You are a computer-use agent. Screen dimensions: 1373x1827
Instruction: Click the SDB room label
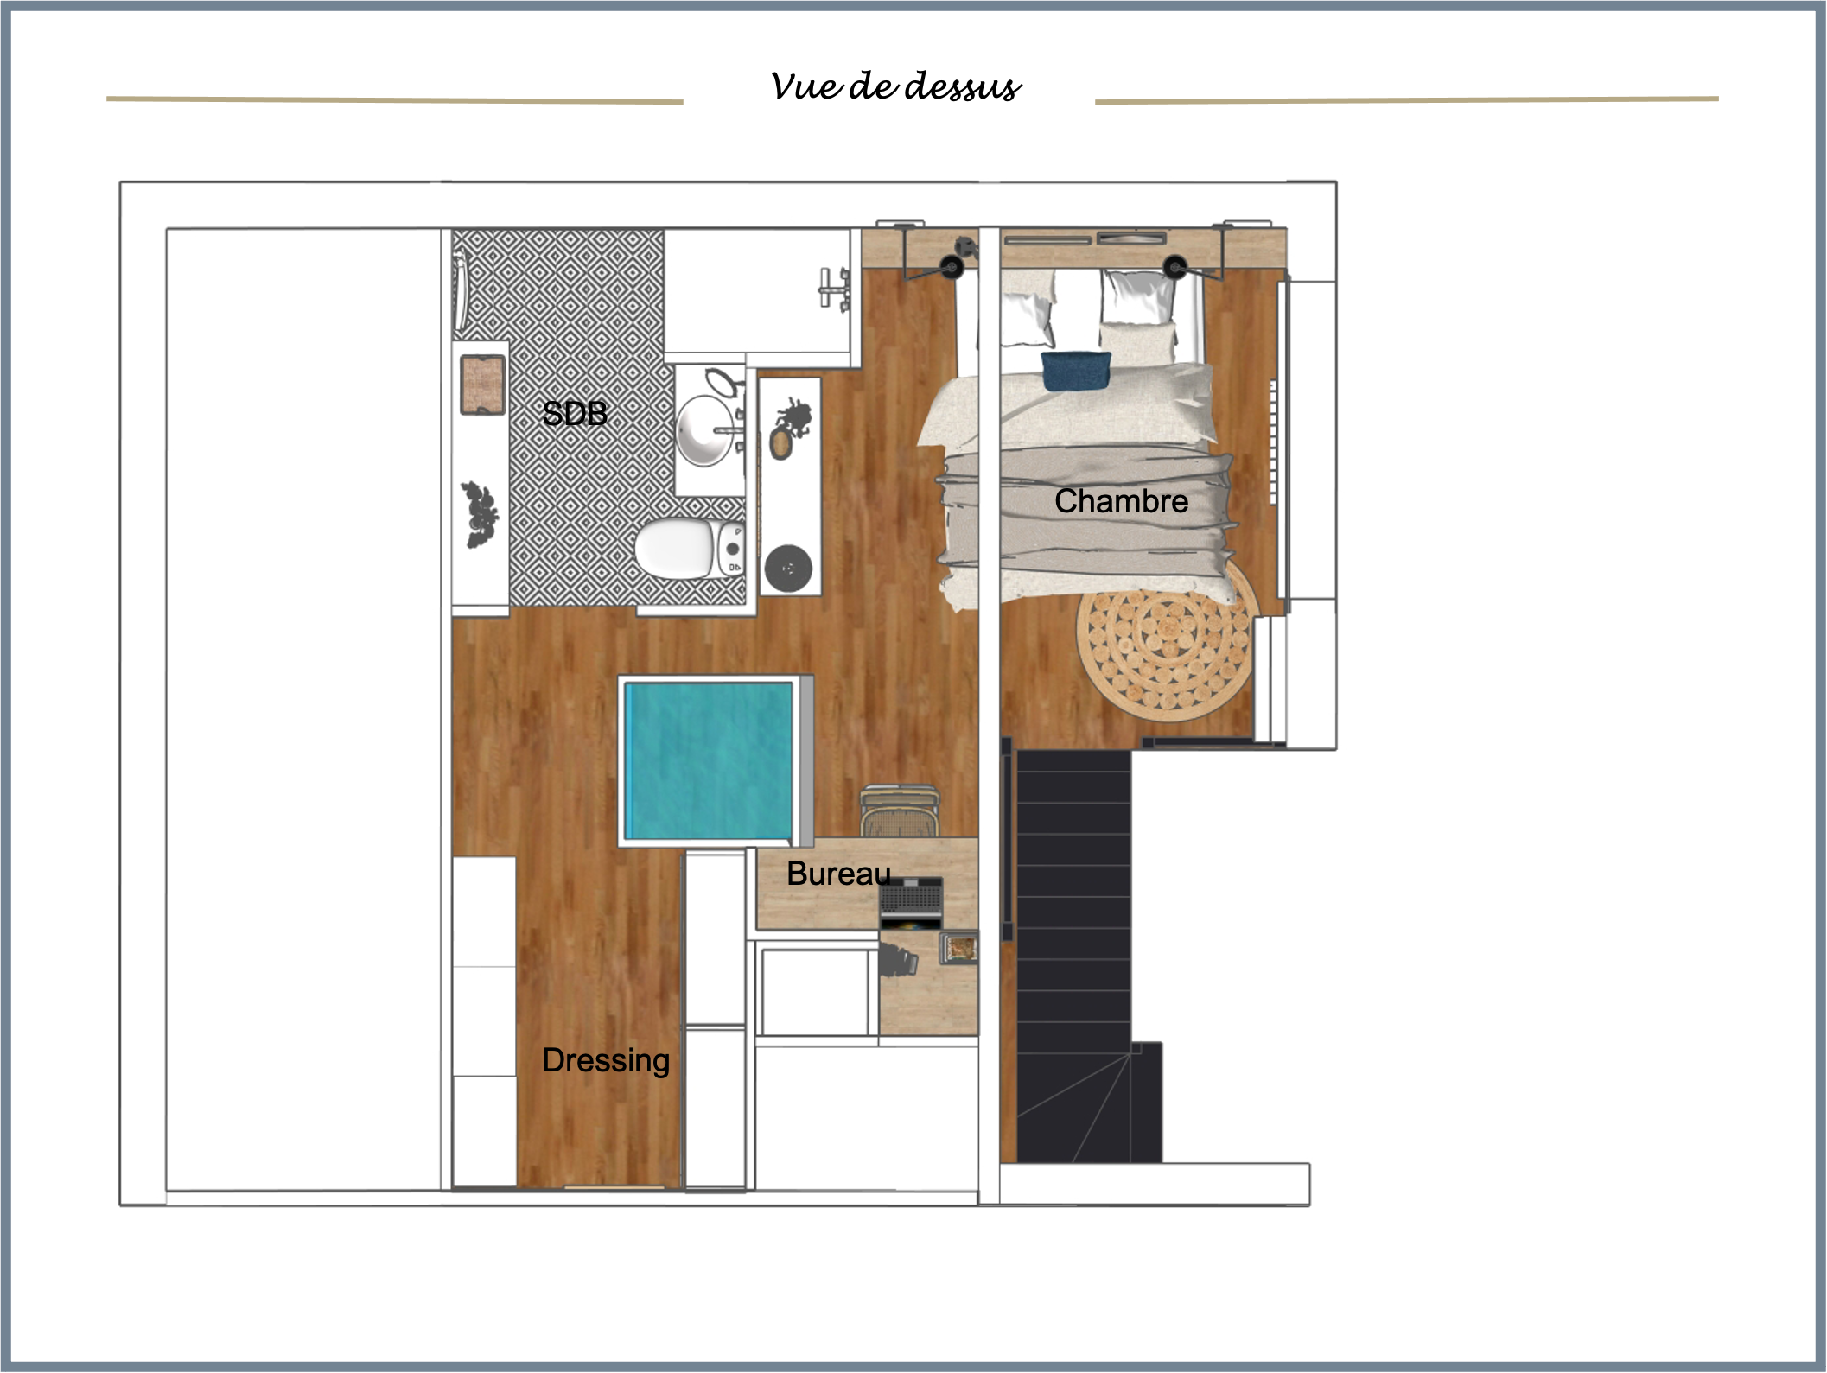[575, 414]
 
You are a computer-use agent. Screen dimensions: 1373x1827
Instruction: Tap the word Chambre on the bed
[1121, 501]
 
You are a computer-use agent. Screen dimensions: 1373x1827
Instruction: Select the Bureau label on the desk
[837, 874]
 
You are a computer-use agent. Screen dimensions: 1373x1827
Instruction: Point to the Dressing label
[606, 1060]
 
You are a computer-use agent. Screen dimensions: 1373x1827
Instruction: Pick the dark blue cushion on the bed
[1075, 371]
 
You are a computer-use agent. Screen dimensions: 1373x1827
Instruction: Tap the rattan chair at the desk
[898, 811]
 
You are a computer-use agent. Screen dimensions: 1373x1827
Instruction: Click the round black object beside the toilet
[788, 568]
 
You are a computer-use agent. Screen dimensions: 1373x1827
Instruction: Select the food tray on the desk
[959, 948]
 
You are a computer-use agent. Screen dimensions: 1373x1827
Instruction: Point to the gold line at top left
[394, 101]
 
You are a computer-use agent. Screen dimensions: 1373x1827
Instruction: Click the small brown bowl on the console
[781, 443]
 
